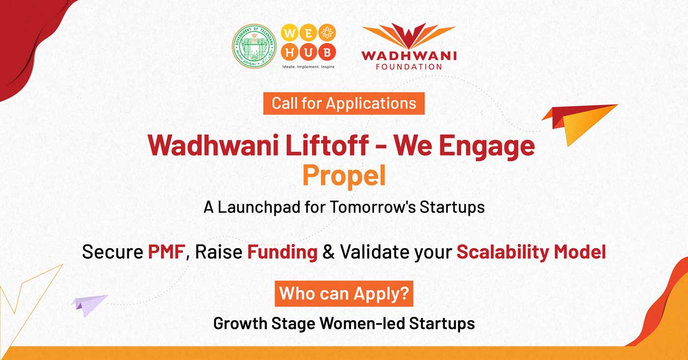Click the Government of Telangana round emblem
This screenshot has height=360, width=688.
coord(254,46)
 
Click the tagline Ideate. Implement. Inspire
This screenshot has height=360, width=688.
coord(308,66)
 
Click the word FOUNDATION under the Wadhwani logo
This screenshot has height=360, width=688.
coord(409,66)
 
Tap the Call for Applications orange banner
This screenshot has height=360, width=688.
coord(344,103)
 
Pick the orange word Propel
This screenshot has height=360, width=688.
coord(344,175)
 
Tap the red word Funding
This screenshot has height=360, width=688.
coord(282,252)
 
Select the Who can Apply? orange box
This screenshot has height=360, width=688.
coord(344,293)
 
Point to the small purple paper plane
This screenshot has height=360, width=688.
coord(88,304)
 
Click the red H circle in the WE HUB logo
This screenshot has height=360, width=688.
coord(290,52)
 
